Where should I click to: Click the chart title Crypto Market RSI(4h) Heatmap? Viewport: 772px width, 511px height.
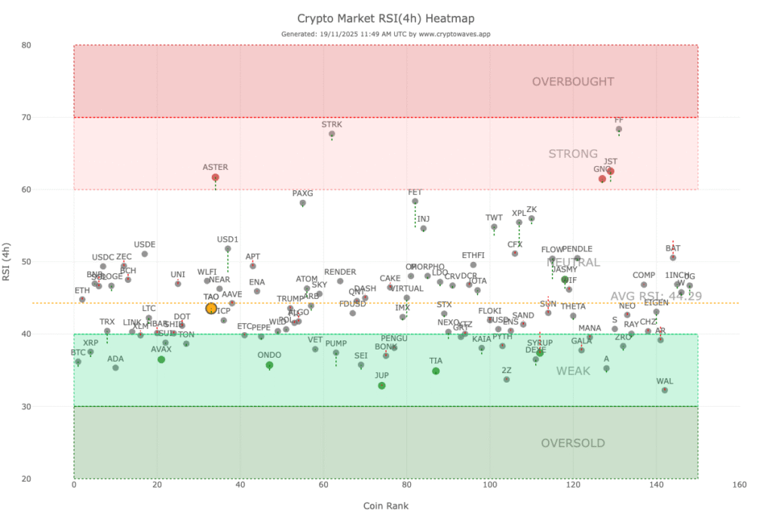pos(385,18)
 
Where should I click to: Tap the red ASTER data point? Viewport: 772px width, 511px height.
pos(216,177)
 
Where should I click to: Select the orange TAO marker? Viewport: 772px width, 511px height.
pos(211,308)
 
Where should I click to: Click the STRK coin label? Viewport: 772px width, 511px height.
pos(332,124)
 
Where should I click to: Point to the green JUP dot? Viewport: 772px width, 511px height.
pos(381,386)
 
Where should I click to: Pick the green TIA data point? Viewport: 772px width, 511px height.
pos(436,371)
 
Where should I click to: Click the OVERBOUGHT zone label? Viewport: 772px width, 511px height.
pos(573,82)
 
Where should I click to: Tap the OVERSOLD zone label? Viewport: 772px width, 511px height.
pos(573,443)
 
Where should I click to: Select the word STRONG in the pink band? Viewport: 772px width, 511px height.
pos(573,154)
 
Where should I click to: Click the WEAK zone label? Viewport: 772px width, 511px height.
pos(573,371)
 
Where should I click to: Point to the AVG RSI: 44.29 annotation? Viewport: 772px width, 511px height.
pos(656,296)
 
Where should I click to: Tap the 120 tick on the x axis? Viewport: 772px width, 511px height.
pos(573,485)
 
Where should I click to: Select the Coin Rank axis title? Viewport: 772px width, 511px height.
pos(385,505)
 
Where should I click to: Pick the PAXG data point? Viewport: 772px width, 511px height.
pos(302,203)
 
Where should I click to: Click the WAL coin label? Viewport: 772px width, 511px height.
pos(664,381)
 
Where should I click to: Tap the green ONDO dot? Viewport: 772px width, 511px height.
pos(269,365)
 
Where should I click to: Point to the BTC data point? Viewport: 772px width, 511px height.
pos(78,362)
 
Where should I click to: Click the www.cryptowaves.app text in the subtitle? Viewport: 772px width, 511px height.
pos(457,34)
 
